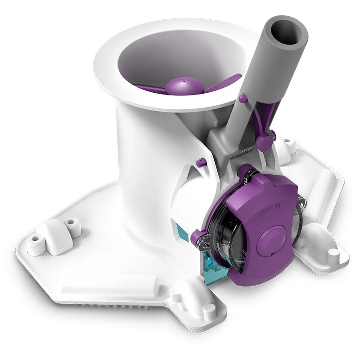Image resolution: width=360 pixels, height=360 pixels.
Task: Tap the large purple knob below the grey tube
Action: coord(265,141)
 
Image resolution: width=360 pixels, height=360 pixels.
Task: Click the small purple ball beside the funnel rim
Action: coord(243,97)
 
